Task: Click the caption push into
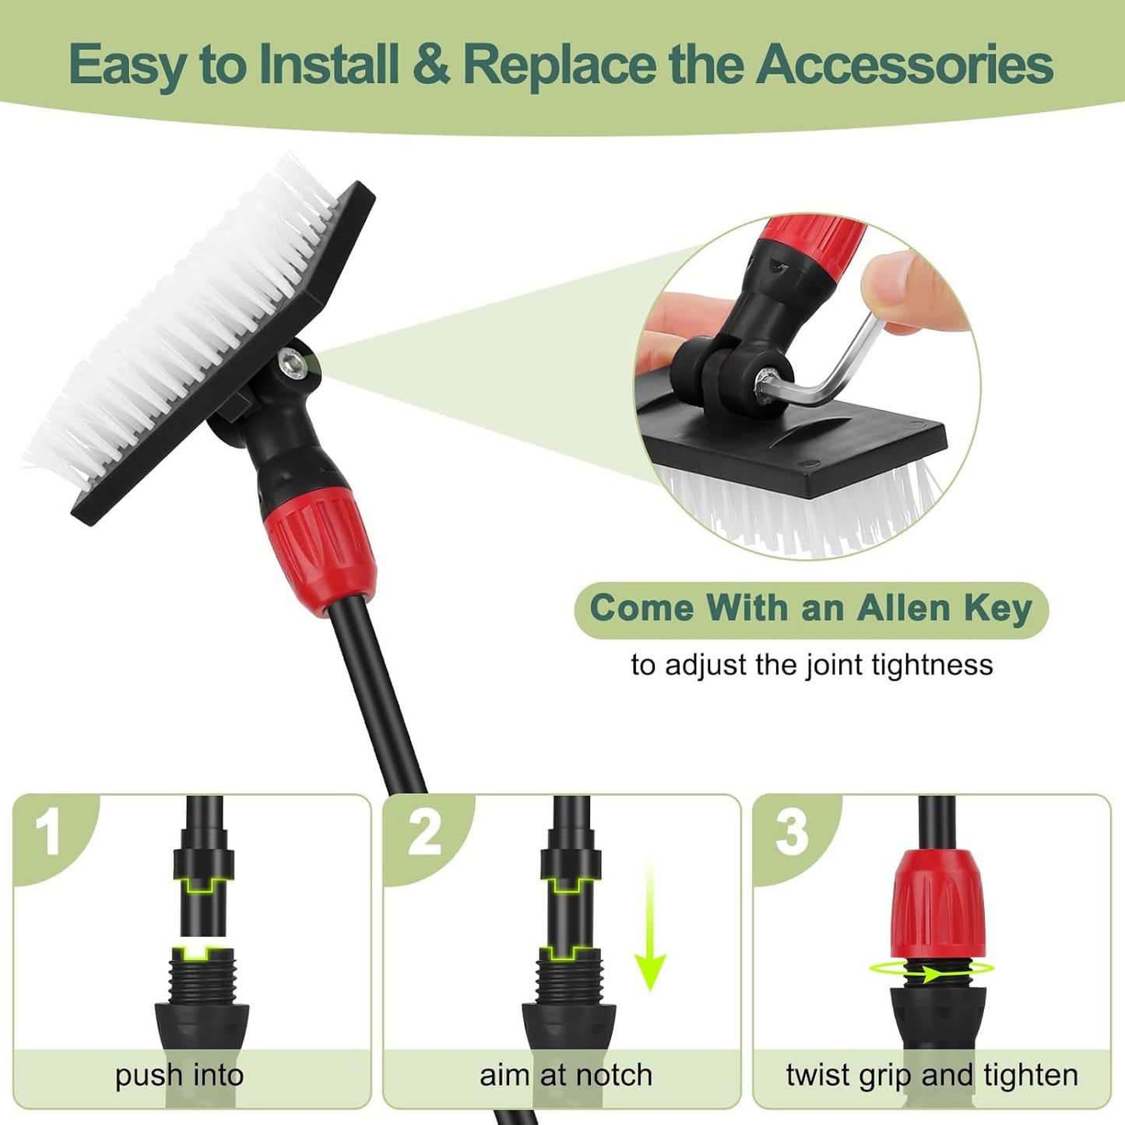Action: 180,1075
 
